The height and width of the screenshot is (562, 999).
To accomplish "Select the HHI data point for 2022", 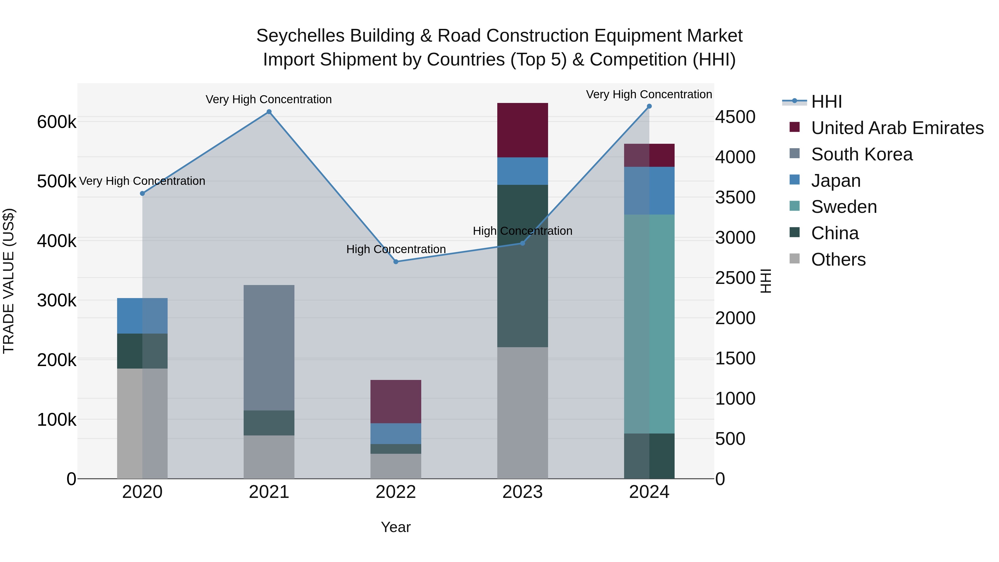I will (x=395, y=262).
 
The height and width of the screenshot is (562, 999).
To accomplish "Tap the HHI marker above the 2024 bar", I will (x=649, y=106).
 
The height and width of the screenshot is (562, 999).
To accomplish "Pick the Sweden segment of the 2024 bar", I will (x=649, y=324).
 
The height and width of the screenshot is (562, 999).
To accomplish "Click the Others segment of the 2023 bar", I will (x=522, y=413).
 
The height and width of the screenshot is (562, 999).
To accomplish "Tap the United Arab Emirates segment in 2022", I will (x=395, y=401).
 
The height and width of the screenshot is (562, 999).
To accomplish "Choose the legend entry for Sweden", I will (x=844, y=207).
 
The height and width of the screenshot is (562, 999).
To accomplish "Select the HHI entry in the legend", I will (x=826, y=102).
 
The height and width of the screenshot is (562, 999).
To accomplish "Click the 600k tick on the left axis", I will (x=57, y=122).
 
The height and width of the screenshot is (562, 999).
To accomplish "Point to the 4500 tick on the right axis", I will (x=735, y=117).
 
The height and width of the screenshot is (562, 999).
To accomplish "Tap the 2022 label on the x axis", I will (x=395, y=492).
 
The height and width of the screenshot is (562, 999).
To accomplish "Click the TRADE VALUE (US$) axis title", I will (x=9, y=281).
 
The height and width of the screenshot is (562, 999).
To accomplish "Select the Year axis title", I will (x=395, y=527).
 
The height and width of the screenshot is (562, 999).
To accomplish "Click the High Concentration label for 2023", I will (x=522, y=231).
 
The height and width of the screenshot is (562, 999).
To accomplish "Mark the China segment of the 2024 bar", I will (x=649, y=456).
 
